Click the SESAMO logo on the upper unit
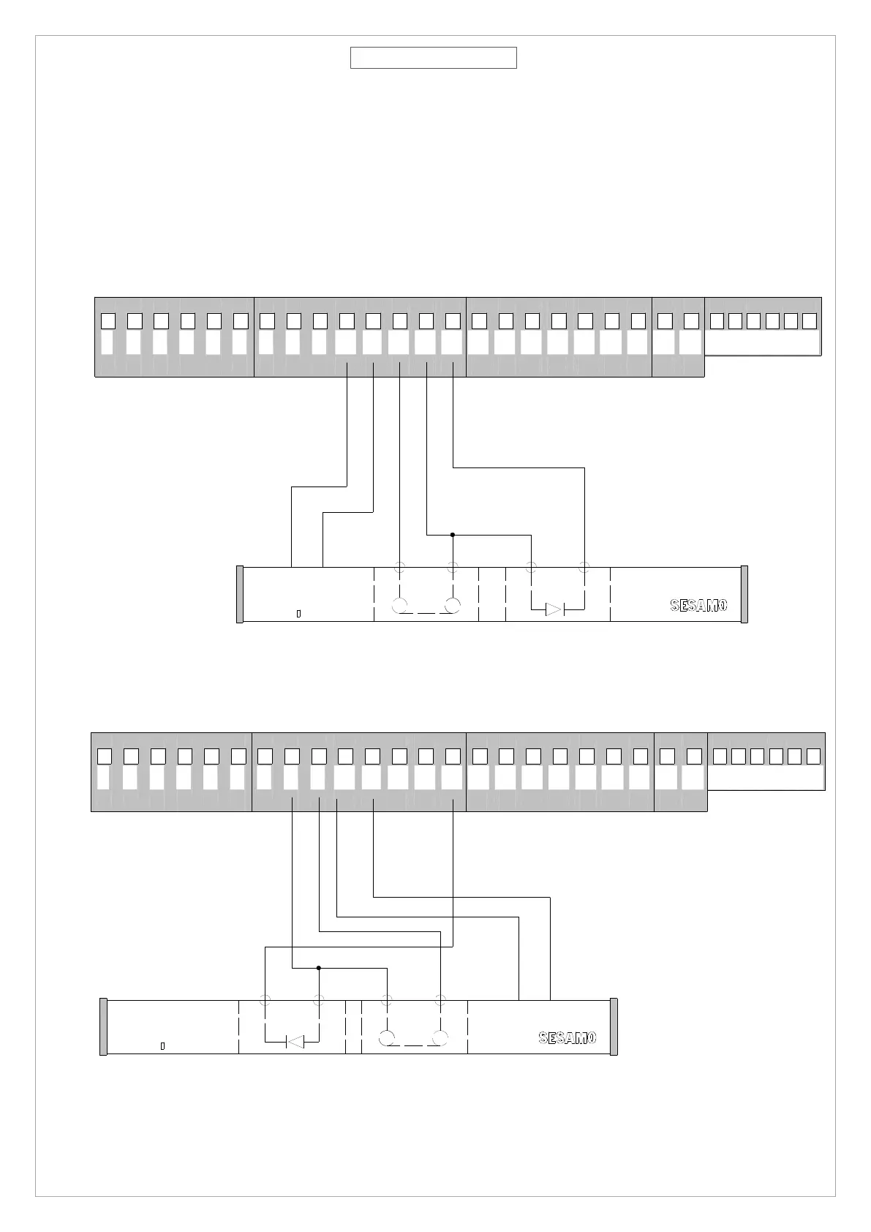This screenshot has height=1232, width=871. pyautogui.click(x=698, y=605)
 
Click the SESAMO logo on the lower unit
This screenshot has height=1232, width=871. pyautogui.click(x=568, y=1037)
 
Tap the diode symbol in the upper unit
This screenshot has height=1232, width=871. pyautogui.click(x=555, y=609)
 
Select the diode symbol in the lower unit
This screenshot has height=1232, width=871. pyautogui.click(x=295, y=1041)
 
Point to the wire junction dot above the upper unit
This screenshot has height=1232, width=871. pyautogui.click(x=453, y=535)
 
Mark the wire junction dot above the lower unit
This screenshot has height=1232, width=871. pyautogui.click(x=319, y=968)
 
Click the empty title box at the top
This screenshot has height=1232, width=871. pyautogui.click(x=433, y=58)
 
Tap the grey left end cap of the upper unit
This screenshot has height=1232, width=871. pyautogui.click(x=239, y=594)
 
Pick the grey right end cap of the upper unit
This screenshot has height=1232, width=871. pyautogui.click(x=744, y=594)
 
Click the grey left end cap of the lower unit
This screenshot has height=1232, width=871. pyautogui.click(x=103, y=1026)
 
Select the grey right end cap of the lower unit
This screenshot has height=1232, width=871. pyautogui.click(x=614, y=1026)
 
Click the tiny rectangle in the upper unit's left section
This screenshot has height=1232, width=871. pyautogui.click(x=298, y=613)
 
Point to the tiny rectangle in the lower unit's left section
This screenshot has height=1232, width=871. pyautogui.click(x=162, y=1045)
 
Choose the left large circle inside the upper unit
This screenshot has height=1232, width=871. pyautogui.click(x=400, y=606)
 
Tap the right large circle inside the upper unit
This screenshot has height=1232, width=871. pyautogui.click(x=453, y=606)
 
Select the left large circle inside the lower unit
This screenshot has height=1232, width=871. pyautogui.click(x=387, y=1037)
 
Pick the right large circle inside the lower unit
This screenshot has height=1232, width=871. pyautogui.click(x=440, y=1037)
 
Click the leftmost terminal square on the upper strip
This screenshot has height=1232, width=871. pyautogui.click(x=108, y=320)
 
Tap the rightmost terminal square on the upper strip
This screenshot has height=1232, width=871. pyautogui.click(x=809, y=320)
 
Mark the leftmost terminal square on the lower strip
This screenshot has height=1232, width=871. pyautogui.click(x=105, y=756)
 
